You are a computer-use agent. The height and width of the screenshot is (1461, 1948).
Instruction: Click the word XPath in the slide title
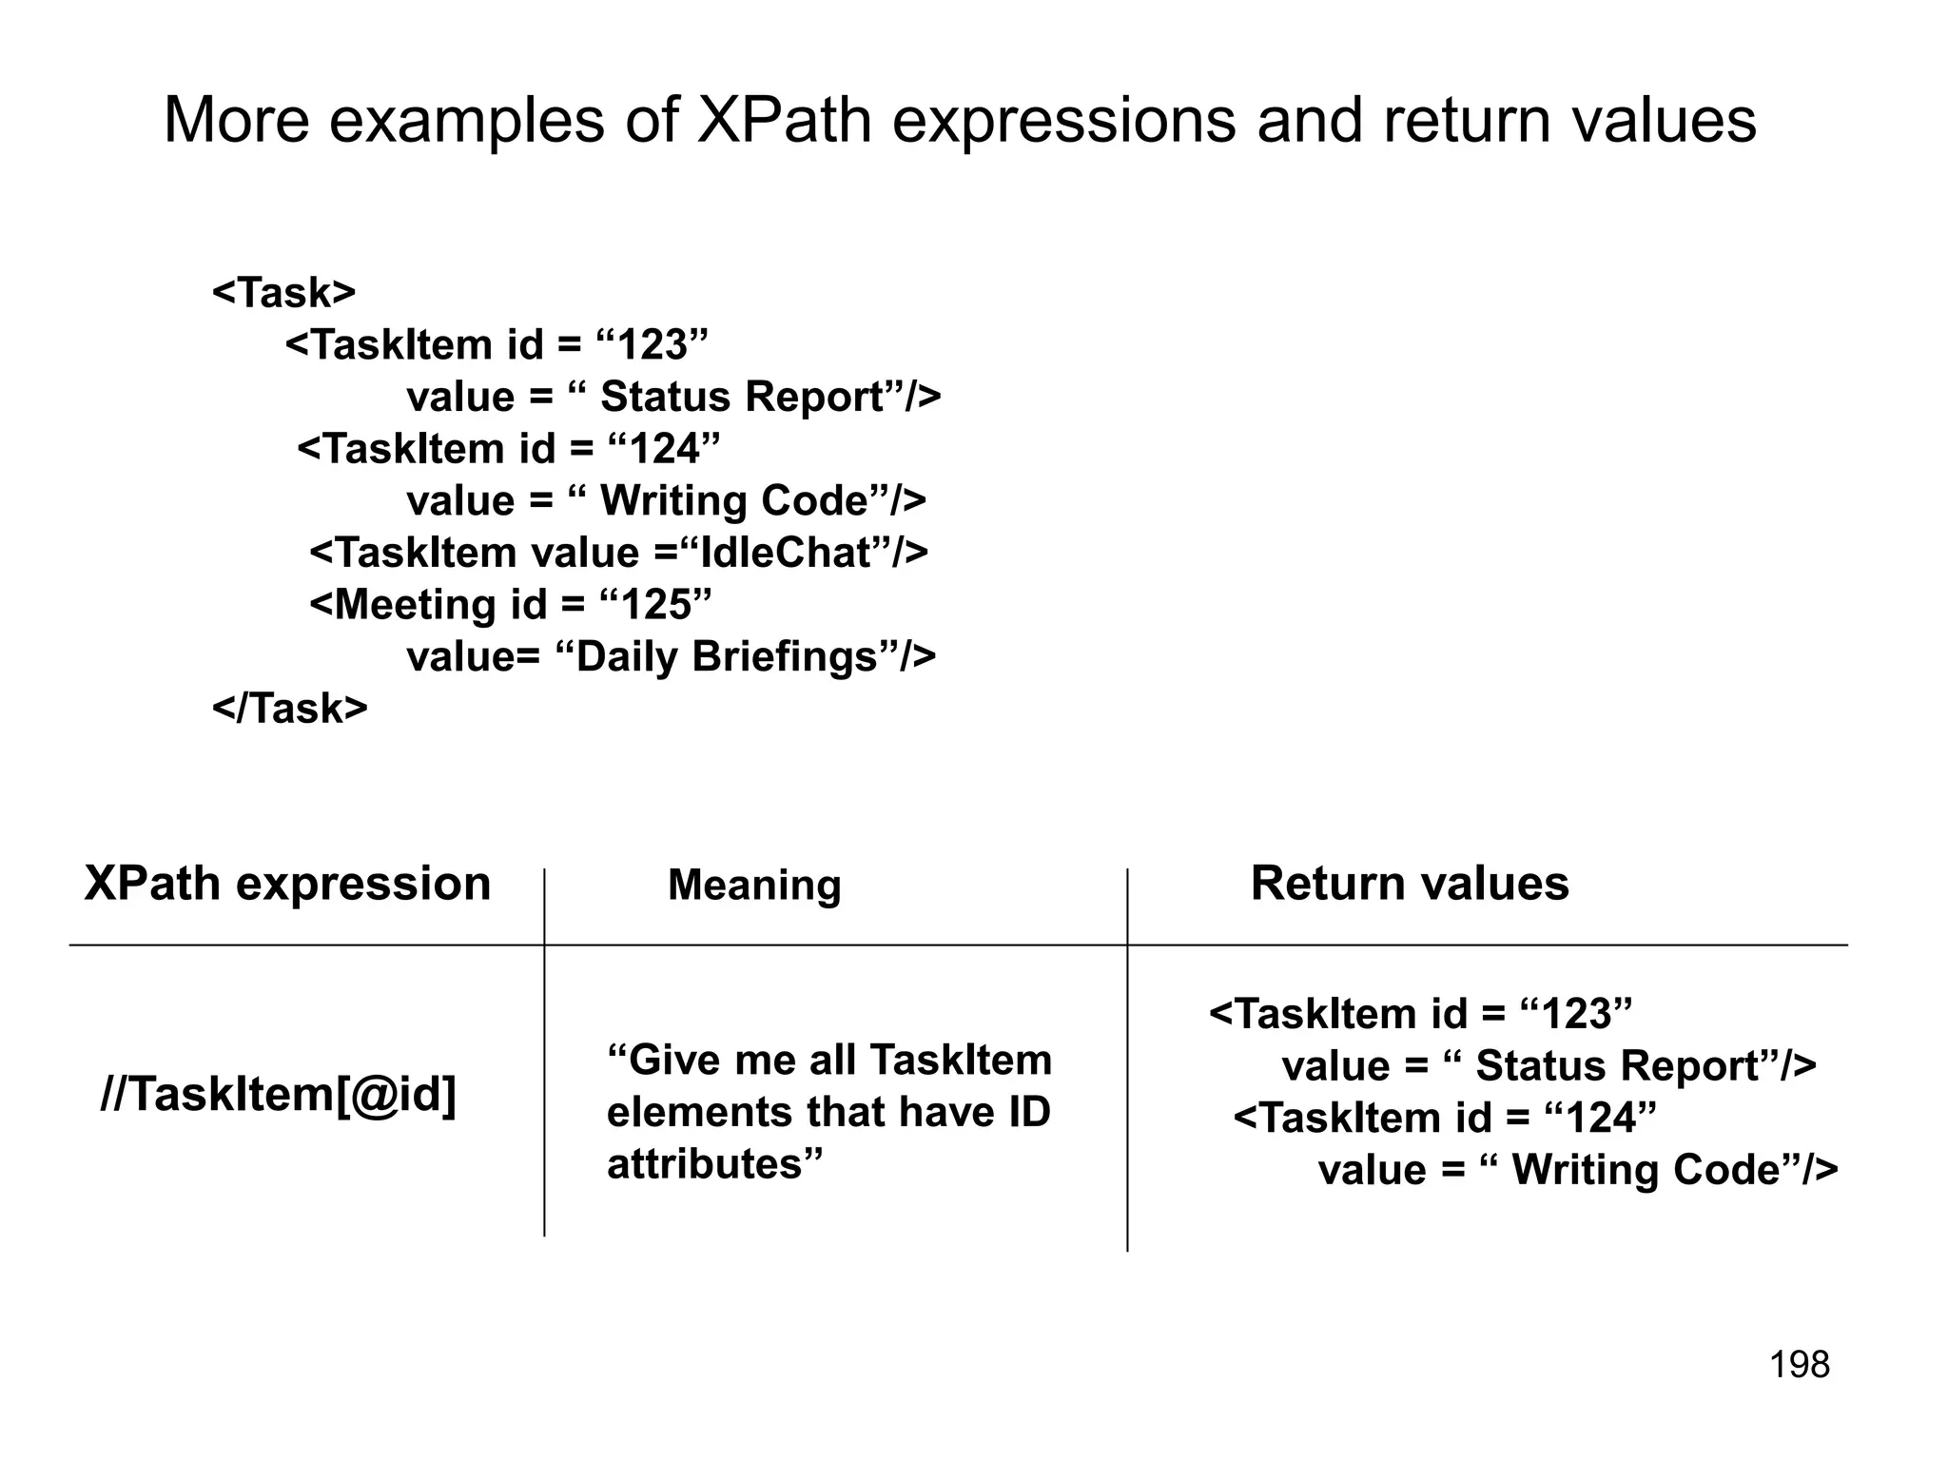[784, 122]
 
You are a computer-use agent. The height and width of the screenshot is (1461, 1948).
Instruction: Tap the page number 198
[1799, 1365]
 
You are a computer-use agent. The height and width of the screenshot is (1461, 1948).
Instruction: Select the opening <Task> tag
[283, 293]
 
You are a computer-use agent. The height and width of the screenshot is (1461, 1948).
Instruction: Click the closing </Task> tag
[289, 709]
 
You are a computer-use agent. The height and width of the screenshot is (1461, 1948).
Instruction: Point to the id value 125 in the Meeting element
[656, 605]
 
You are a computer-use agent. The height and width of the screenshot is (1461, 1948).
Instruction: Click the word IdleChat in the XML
[786, 553]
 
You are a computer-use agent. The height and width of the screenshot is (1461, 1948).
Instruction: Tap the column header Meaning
[754, 886]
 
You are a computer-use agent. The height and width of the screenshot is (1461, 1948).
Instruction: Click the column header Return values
[1409, 884]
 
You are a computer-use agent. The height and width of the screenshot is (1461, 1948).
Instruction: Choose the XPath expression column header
[287, 884]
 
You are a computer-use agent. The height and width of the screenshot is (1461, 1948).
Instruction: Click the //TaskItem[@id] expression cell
[279, 1095]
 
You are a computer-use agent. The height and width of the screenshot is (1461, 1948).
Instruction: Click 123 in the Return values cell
[1577, 1014]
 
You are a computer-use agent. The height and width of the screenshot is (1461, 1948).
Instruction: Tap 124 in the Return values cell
[1601, 1119]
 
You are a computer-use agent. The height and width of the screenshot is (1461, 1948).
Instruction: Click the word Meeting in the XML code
[415, 605]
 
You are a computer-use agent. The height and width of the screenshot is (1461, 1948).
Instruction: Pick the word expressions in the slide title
[1063, 122]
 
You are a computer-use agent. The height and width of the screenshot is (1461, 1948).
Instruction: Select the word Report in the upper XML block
[818, 398]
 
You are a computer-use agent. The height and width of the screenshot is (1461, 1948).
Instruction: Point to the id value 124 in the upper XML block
[664, 449]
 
